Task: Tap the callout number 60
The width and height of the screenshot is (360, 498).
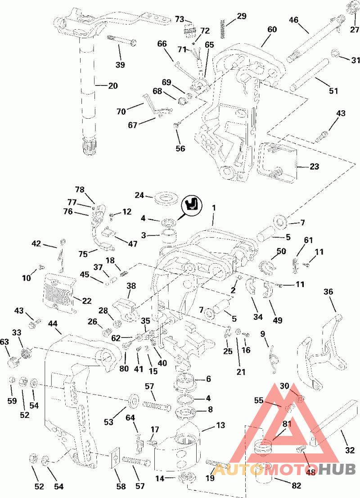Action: (272, 30)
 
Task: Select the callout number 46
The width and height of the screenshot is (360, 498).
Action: (293, 20)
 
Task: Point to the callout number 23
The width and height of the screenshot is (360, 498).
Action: (314, 166)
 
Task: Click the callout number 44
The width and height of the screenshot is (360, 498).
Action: (53, 324)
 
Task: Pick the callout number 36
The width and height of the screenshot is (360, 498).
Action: (329, 292)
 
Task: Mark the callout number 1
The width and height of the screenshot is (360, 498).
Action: (214, 208)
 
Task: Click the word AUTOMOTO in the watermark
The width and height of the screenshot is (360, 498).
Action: (265, 470)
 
